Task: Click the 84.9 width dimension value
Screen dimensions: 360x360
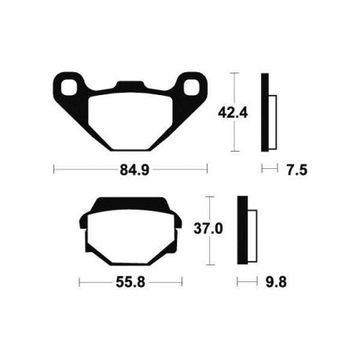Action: [x=131, y=168]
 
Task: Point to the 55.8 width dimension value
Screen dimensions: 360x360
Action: [x=130, y=281]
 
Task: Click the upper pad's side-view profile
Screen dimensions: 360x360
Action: [x=265, y=112]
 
